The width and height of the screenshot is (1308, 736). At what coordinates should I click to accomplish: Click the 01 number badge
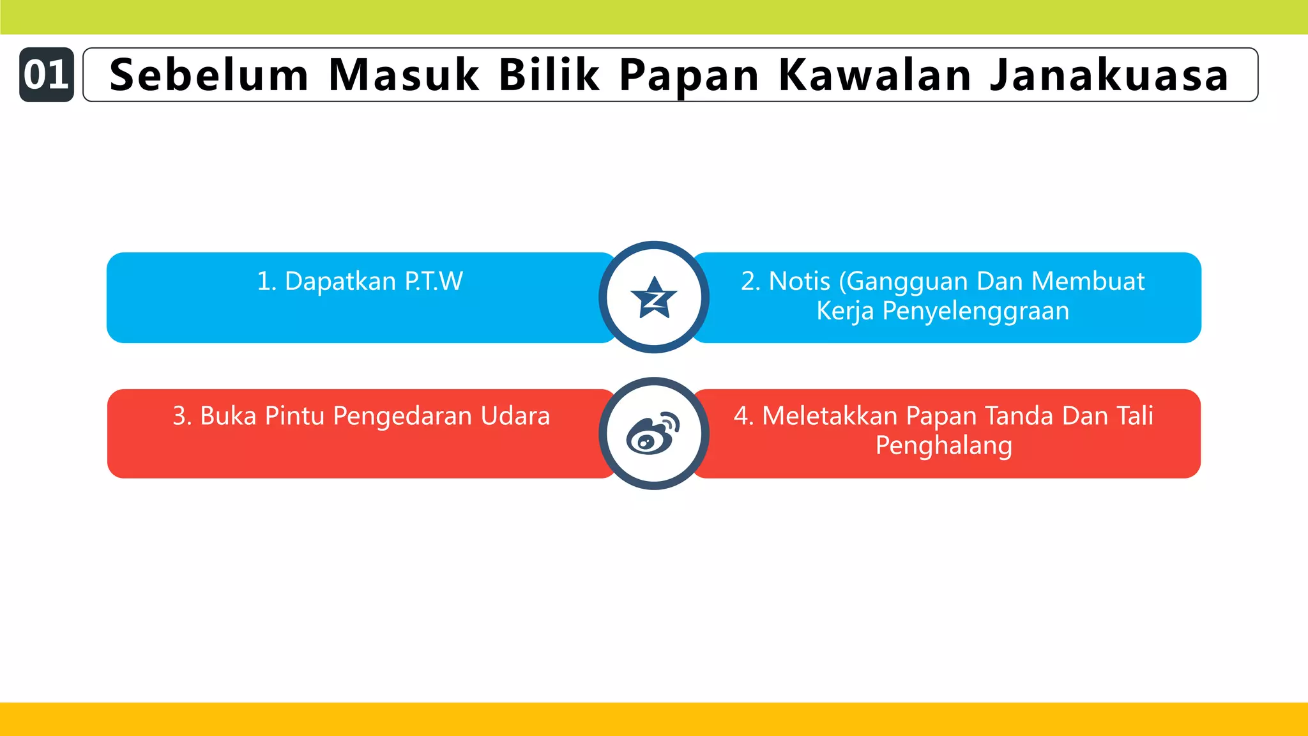46,75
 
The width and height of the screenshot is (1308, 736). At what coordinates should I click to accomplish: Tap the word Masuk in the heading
404,75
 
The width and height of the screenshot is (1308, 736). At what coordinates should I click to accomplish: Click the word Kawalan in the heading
875,75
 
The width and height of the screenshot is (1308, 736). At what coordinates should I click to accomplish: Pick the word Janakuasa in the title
1109,75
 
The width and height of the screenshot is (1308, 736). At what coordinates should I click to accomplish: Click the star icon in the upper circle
653,298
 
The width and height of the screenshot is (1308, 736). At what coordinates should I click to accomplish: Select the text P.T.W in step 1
434,282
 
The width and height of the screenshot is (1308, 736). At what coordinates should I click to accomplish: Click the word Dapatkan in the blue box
340,282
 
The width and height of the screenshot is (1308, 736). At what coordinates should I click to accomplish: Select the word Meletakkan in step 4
830,416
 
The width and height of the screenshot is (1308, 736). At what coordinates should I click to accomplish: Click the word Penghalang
943,446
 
